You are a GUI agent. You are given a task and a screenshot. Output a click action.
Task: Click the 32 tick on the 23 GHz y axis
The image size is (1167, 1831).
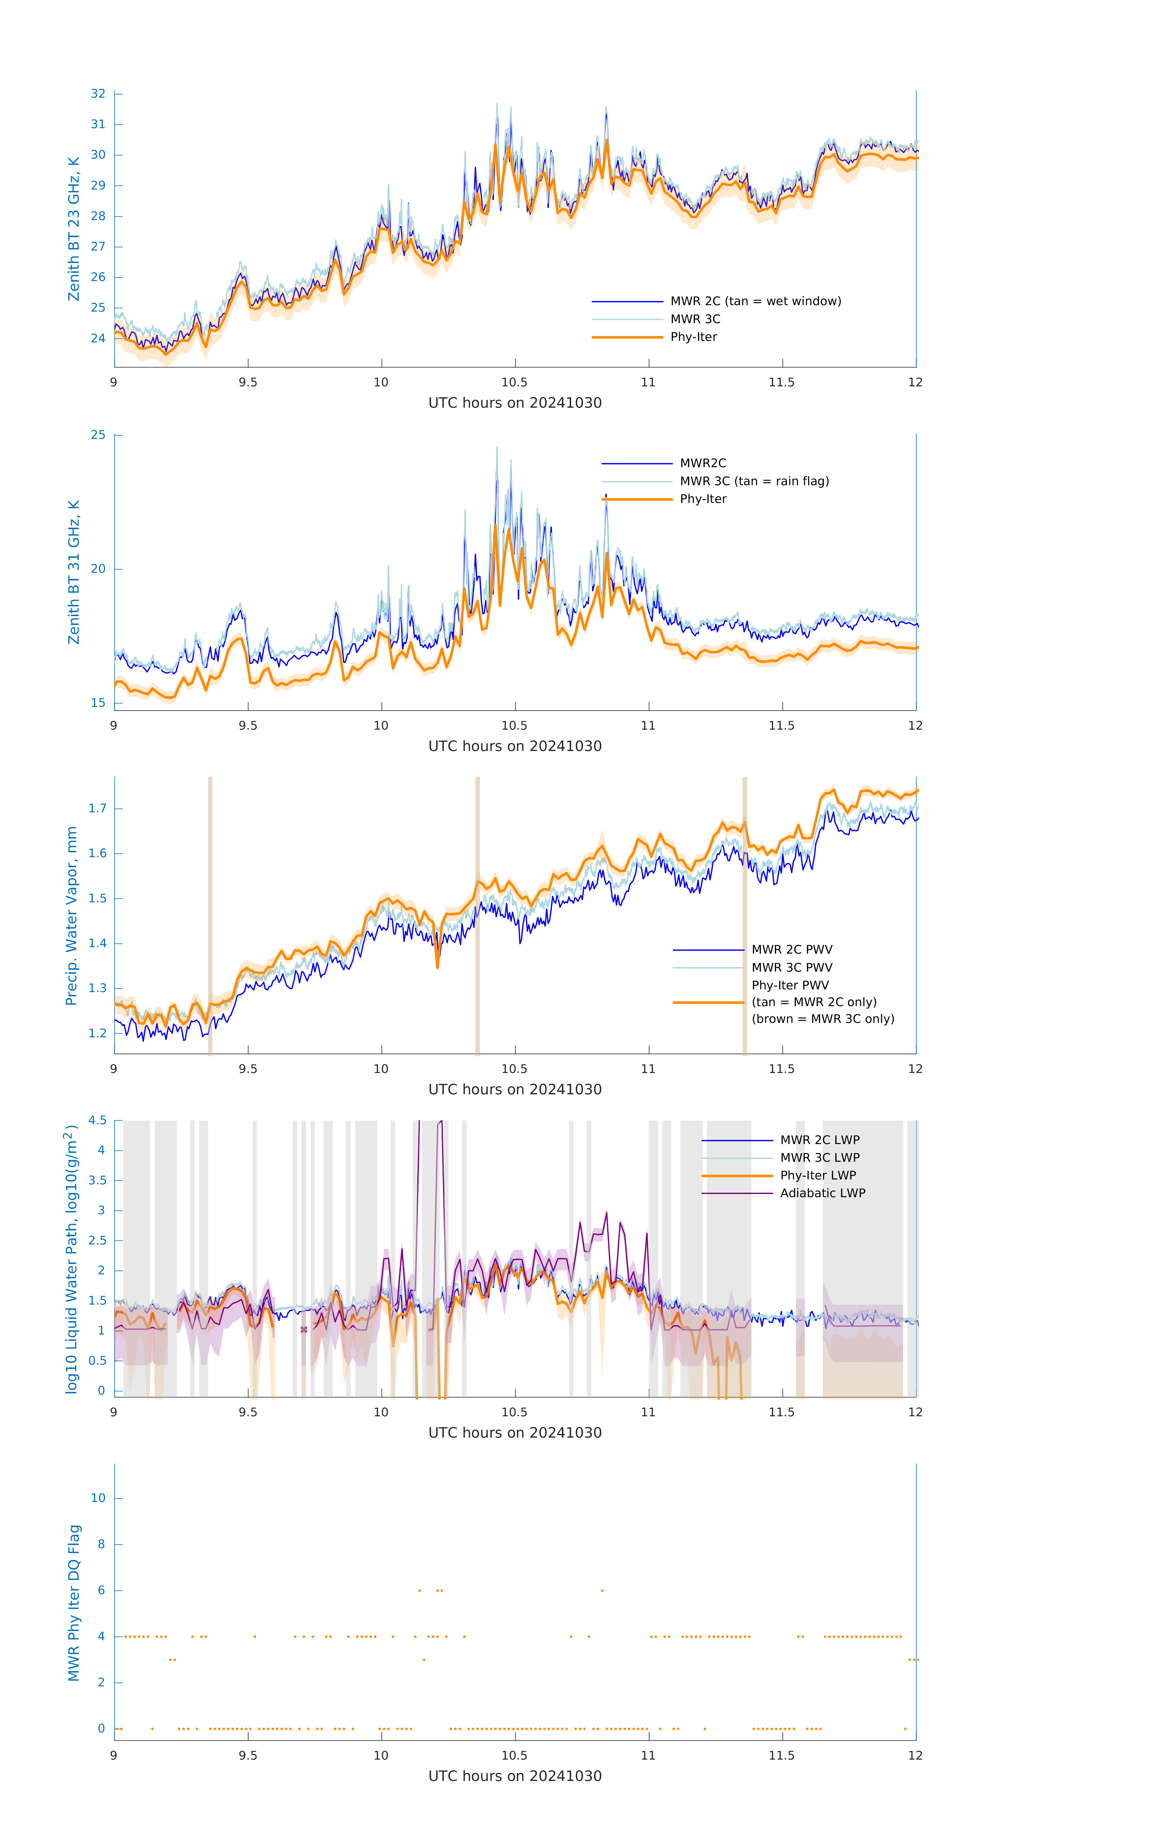98,93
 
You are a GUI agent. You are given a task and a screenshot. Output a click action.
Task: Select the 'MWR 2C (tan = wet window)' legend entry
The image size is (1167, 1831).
755,301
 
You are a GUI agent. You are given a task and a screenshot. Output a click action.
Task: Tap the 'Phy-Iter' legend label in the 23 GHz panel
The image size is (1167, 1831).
693,337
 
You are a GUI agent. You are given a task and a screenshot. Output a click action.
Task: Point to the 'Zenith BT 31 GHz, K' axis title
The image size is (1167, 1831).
74,572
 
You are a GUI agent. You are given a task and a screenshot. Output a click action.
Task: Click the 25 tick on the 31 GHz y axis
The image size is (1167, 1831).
98,435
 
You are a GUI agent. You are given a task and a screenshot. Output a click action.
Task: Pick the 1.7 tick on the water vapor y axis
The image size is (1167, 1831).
97,808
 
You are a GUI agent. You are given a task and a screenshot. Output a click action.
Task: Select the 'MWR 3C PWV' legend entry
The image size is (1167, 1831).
791,967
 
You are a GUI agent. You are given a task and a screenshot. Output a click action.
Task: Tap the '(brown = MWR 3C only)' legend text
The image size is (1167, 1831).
823,1019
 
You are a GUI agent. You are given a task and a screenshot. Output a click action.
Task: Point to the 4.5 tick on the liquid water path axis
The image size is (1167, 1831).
97,1120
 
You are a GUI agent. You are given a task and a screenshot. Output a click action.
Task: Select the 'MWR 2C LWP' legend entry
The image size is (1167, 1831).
819,1140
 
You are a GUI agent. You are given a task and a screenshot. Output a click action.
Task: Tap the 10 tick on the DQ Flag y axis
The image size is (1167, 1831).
98,1498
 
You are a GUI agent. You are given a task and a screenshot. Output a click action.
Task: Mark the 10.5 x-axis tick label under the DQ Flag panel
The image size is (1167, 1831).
515,1755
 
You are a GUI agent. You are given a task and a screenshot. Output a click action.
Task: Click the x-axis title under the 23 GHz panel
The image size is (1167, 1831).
515,403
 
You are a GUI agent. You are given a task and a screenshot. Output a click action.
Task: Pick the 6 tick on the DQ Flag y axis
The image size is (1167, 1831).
101,1590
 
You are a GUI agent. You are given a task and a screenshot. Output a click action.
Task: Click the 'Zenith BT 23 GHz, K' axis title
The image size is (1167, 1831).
74,229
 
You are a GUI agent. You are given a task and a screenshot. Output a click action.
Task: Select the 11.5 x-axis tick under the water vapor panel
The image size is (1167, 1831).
782,1068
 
